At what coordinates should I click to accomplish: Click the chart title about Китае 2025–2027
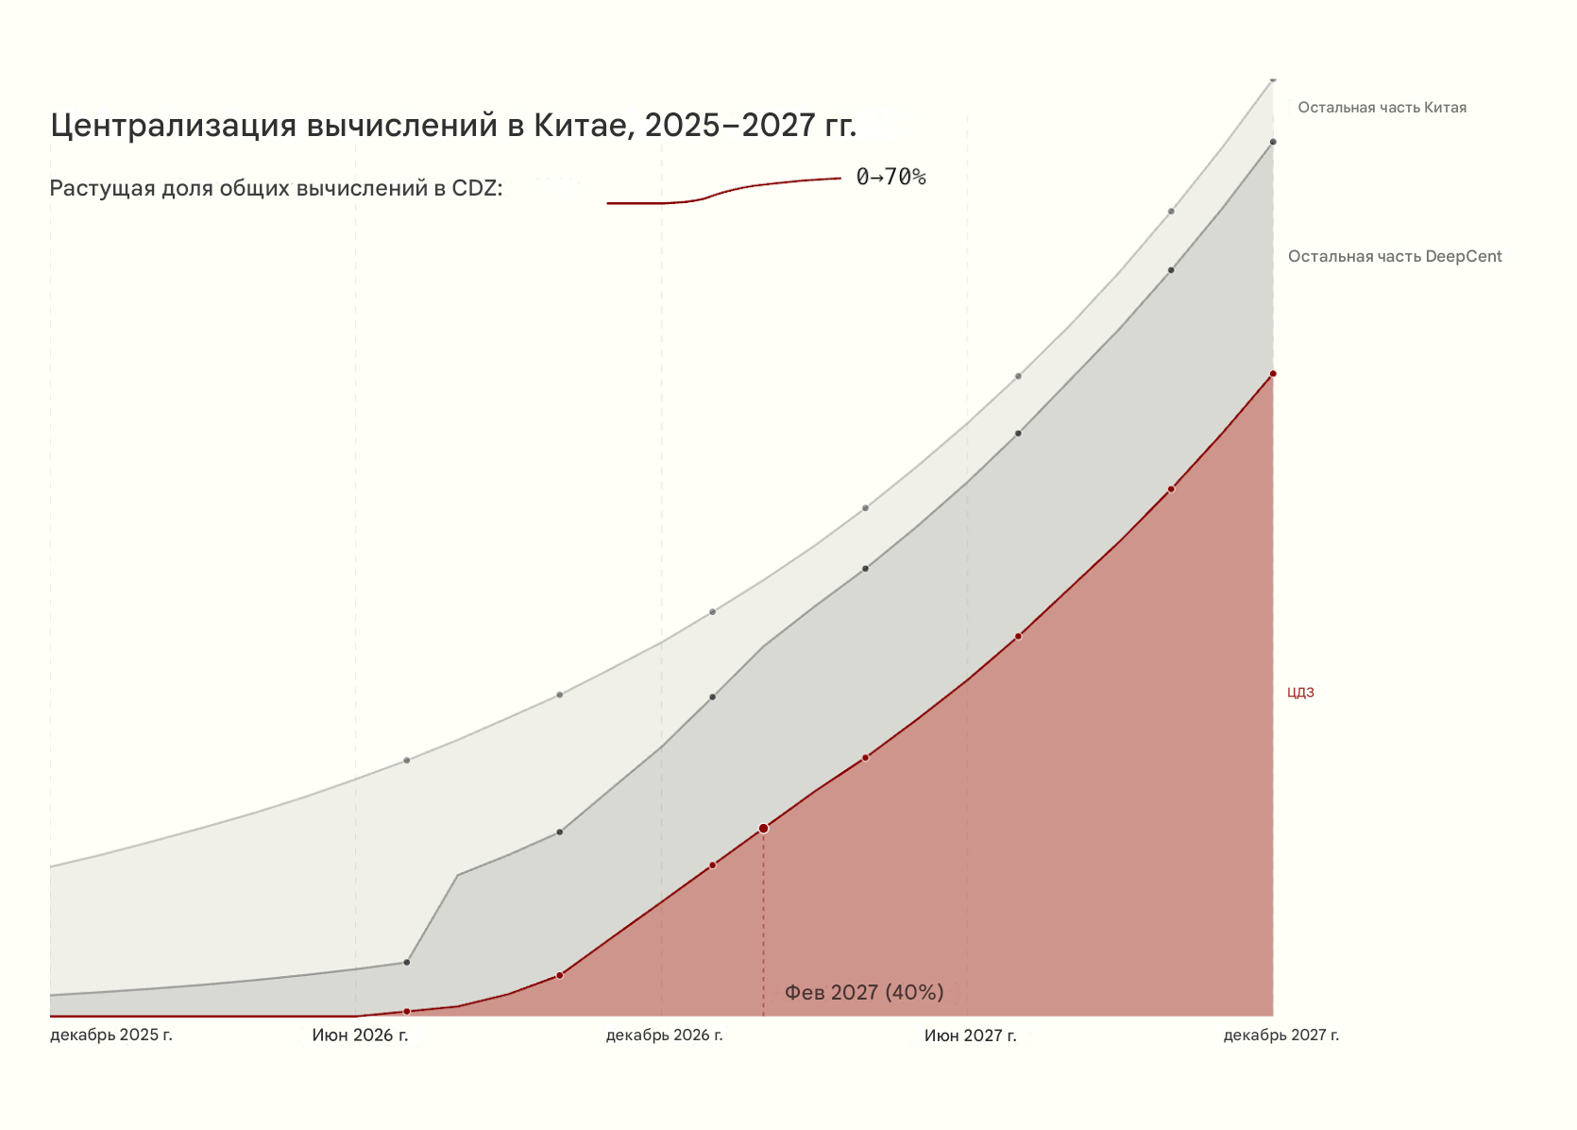click(453, 126)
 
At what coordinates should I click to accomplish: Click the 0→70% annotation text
click(890, 178)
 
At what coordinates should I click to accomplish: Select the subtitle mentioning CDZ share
click(276, 188)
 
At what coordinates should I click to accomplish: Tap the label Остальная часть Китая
click(1382, 108)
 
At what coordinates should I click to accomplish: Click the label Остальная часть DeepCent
click(1395, 257)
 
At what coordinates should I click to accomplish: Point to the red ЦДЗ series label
click(1300, 693)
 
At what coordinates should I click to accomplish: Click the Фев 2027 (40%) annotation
click(864, 992)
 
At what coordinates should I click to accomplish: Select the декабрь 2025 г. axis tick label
click(111, 1035)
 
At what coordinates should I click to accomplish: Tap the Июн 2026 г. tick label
click(360, 1036)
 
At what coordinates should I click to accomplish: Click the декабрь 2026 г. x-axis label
click(664, 1036)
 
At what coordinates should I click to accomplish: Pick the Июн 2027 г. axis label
click(970, 1036)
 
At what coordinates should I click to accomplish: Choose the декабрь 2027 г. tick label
click(1280, 1036)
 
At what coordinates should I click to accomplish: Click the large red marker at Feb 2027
click(763, 829)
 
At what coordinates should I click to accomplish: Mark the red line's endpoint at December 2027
click(1273, 374)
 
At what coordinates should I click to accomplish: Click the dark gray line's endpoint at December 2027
click(1273, 142)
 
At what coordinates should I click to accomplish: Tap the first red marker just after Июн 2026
click(407, 1011)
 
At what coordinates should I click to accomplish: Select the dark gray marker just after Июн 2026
click(407, 963)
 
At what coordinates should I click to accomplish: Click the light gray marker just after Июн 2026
click(407, 760)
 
